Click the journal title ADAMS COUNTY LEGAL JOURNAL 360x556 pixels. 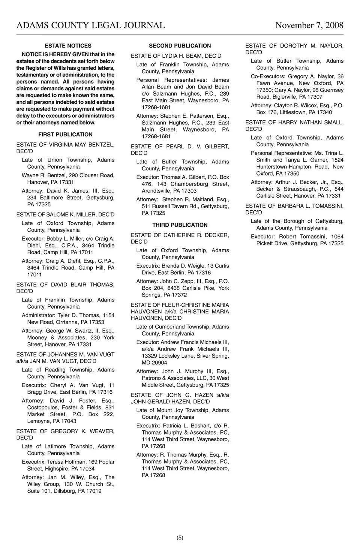(x=90, y=25)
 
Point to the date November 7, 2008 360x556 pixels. (x=309, y=25)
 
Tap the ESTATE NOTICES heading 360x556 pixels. (x=68, y=46)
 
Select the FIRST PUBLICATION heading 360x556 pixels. (x=65, y=135)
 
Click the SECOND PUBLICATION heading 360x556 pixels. (x=180, y=46)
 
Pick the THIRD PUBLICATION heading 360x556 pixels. (x=180, y=225)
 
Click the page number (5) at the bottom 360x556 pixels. (x=180, y=538)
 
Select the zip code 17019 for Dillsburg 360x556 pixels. (x=94, y=491)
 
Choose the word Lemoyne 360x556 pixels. (x=39, y=421)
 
